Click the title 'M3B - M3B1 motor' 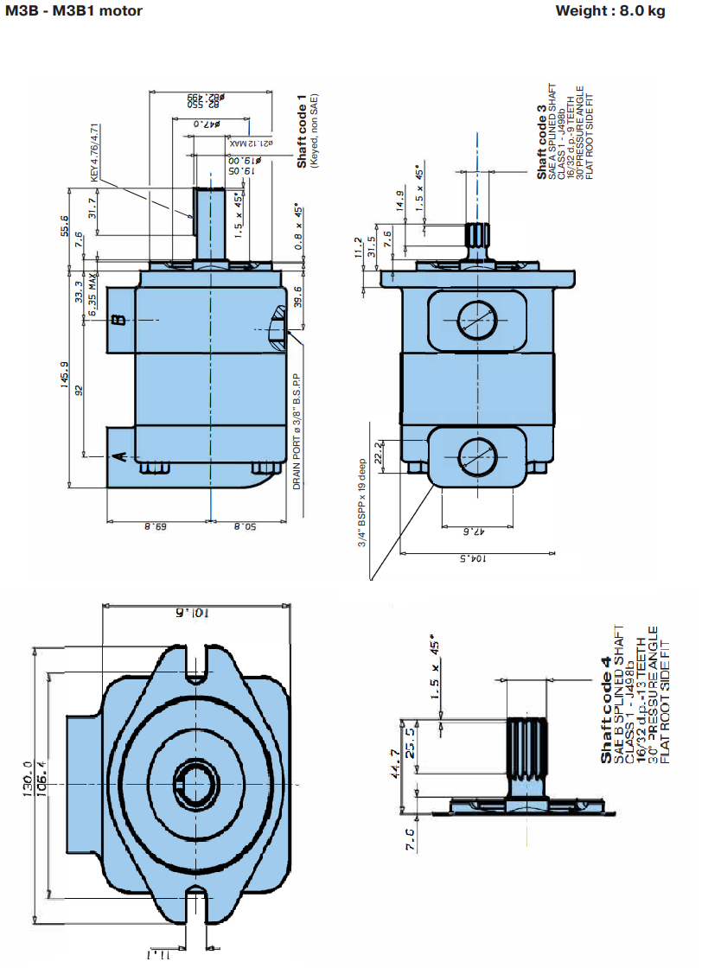click(73, 11)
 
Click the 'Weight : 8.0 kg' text click(610, 11)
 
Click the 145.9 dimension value click(63, 375)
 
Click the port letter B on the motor click(120, 321)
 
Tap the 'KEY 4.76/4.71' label click(96, 152)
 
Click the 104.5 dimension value click(472, 559)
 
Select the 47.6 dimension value click(472, 531)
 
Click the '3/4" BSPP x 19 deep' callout click(363, 501)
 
